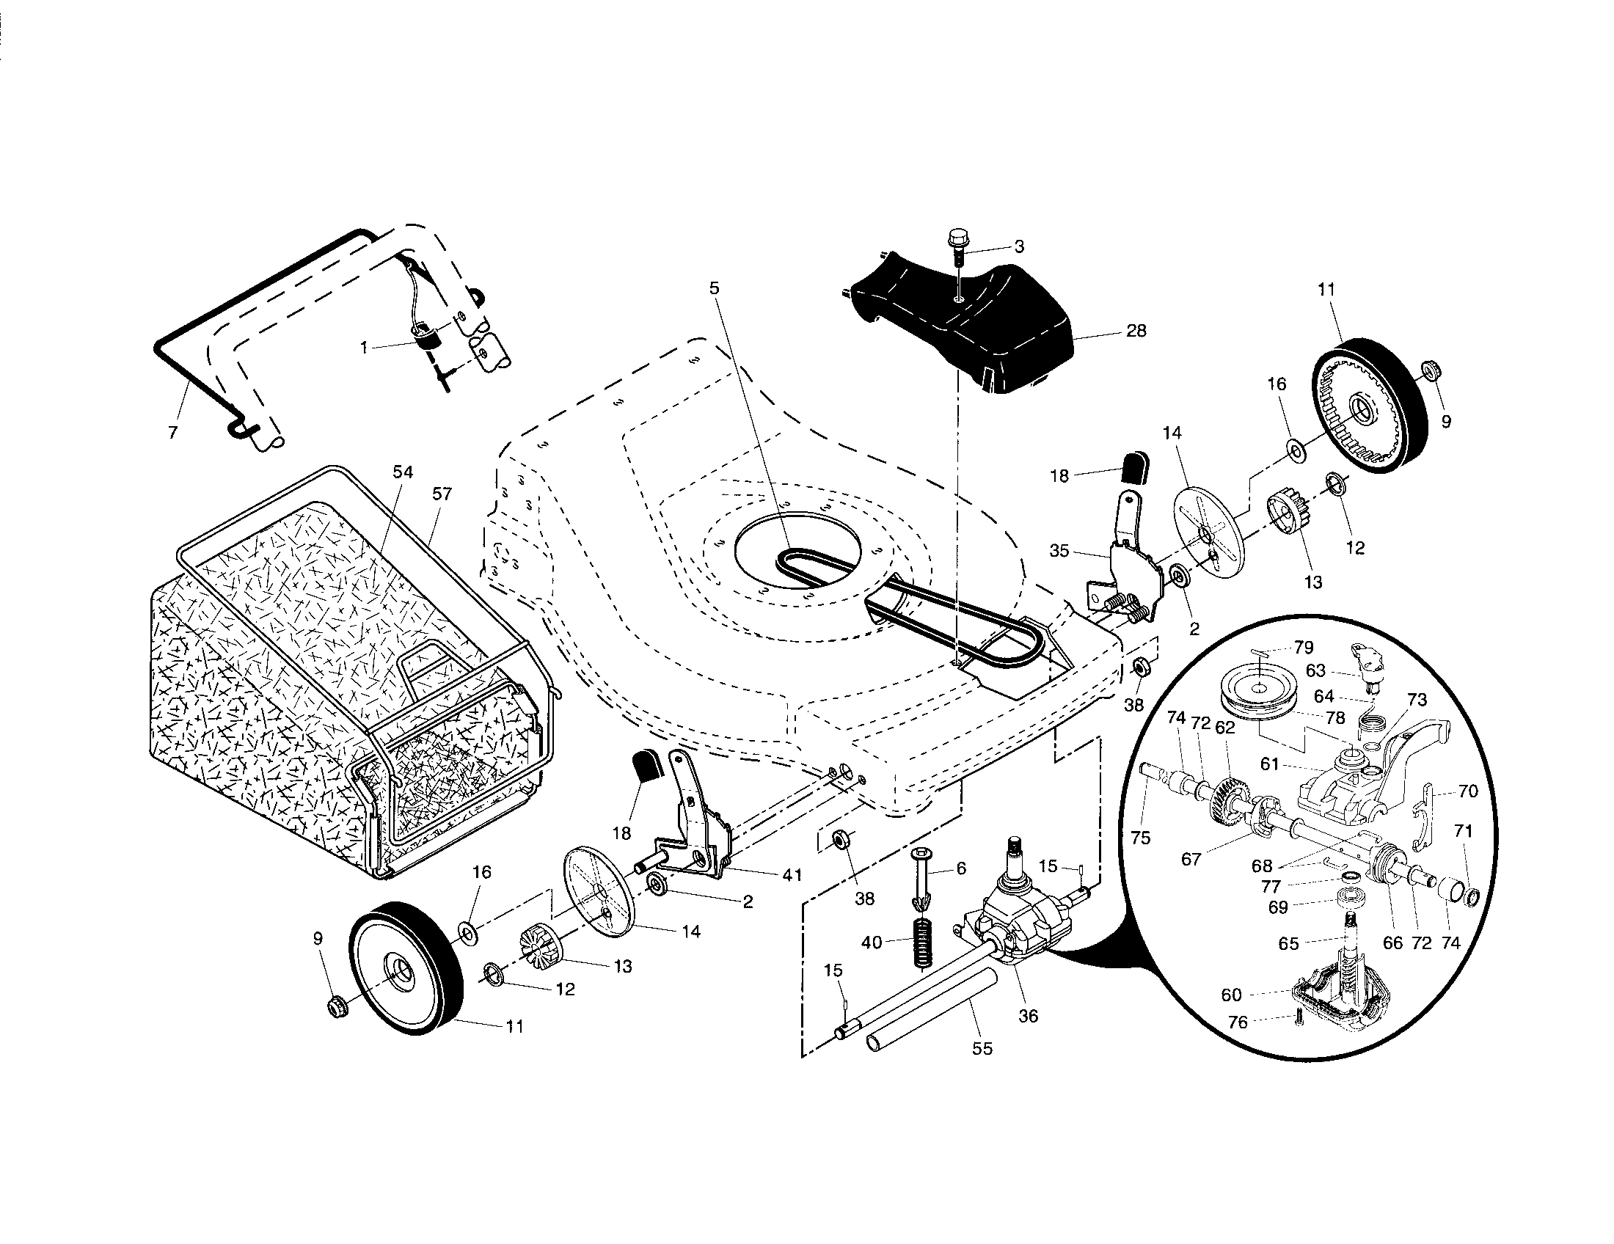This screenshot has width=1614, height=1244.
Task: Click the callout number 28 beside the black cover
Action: (1136, 330)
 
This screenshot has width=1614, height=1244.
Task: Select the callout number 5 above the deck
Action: (714, 288)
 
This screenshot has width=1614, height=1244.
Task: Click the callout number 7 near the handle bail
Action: (173, 433)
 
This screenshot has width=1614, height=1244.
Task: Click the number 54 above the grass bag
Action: (403, 472)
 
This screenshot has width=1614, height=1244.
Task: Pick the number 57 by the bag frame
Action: (442, 494)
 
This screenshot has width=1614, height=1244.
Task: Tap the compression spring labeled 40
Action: (922, 943)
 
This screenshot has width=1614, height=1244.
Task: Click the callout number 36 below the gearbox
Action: (1028, 1016)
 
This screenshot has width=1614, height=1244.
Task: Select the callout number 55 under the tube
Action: (982, 1047)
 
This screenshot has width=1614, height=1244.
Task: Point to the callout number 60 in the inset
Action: (1231, 995)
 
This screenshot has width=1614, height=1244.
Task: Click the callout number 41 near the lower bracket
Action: (792, 875)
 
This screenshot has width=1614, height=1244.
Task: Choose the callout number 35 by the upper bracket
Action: (1059, 550)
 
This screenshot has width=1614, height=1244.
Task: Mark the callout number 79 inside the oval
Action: (1304, 648)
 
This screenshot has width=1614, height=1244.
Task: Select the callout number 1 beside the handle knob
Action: (364, 347)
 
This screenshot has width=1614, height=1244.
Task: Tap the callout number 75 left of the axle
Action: (1141, 838)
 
